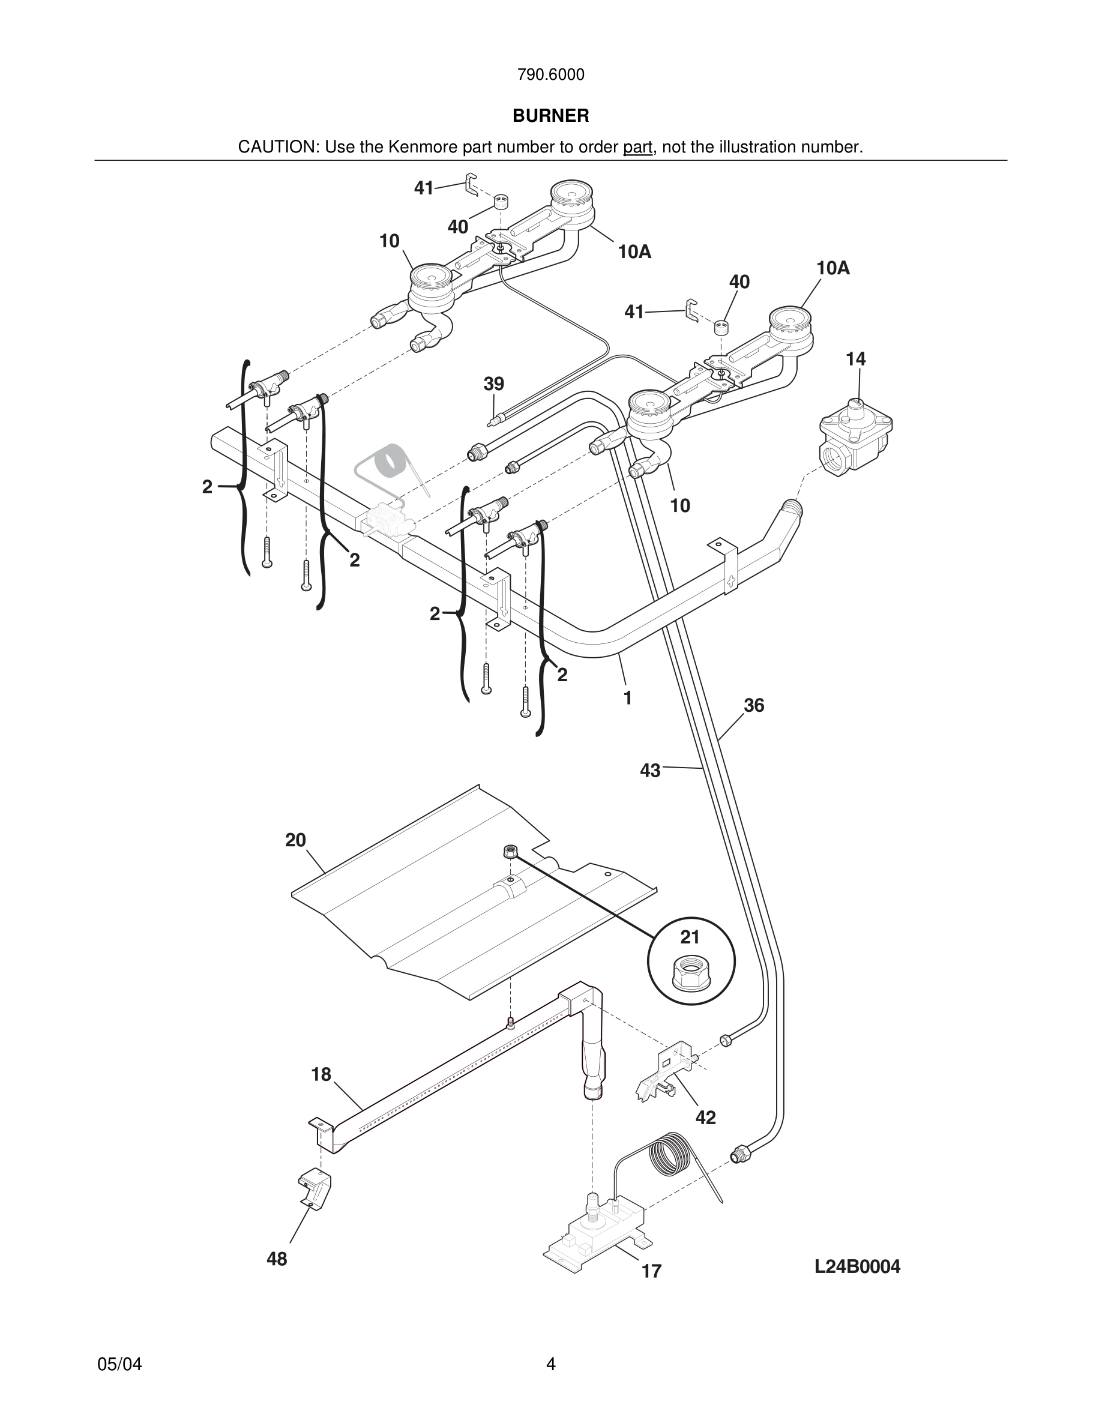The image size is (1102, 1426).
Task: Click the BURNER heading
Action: (x=550, y=116)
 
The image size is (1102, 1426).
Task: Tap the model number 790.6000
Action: (x=550, y=75)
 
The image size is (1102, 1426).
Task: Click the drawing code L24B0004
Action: (x=857, y=1267)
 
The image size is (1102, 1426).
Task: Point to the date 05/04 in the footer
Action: (x=119, y=1364)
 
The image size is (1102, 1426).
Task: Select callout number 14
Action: (x=855, y=359)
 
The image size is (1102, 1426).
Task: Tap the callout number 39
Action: (x=493, y=384)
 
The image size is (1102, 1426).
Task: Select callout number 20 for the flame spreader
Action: (x=295, y=840)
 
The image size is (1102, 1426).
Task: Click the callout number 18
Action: (x=321, y=1075)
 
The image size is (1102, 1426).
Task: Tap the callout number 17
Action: (x=652, y=1271)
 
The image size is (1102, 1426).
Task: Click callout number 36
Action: (x=753, y=706)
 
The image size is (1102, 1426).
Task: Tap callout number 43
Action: (x=649, y=771)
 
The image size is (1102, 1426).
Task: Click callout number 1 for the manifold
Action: (x=627, y=699)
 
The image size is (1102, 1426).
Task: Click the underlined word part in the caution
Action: (x=637, y=148)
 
